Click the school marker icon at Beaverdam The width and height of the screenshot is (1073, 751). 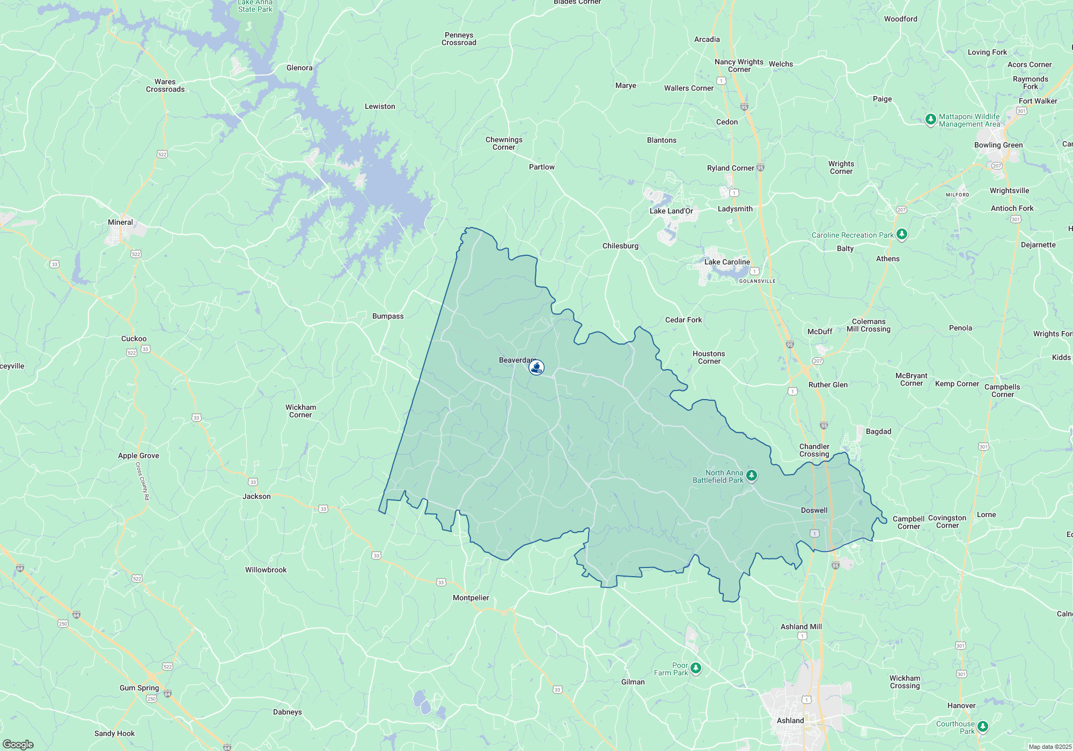(x=536, y=367)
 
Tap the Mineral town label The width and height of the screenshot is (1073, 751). (x=120, y=222)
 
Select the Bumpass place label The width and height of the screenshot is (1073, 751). (x=388, y=316)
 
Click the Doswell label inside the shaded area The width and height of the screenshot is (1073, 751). (x=814, y=510)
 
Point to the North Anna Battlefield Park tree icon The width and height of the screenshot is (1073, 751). (x=752, y=475)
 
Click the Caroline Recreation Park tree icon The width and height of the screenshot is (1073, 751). (x=902, y=234)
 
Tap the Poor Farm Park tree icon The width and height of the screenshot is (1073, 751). (x=696, y=668)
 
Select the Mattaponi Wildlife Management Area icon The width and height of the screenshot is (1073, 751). (x=931, y=119)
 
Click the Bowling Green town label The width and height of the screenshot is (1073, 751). (x=998, y=145)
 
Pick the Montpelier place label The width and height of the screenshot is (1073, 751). (x=471, y=598)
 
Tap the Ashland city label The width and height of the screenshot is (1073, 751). (x=790, y=720)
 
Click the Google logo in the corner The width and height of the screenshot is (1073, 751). (x=18, y=745)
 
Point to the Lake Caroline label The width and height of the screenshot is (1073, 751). (x=727, y=262)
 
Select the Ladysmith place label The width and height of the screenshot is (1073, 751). (x=735, y=209)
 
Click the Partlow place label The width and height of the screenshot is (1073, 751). (x=542, y=167)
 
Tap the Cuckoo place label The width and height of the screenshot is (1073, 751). (x=134, y=338)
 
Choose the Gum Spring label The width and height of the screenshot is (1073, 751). (x=139, y=688)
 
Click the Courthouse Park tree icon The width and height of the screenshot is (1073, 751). (x=982, y=726)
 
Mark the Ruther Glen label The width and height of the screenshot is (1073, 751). (x=828, y=385)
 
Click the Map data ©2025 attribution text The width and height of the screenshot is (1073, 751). (x=1050, y=747)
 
